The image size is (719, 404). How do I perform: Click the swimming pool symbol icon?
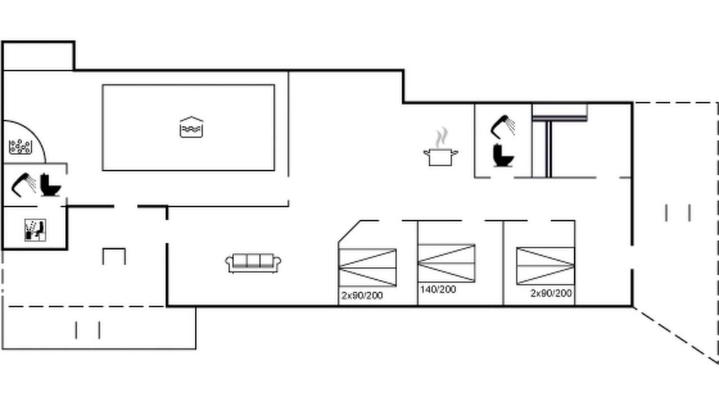point(192,127)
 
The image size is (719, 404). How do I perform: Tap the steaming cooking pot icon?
point(441,147)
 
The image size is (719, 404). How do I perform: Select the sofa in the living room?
point(253,263)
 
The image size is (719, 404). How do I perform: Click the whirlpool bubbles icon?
point(21,147)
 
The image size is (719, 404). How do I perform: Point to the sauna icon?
point(35,230)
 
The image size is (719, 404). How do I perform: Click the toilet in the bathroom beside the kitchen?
point(503,155)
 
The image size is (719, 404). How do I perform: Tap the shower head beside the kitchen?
point(503,127)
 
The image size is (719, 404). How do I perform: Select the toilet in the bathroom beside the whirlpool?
point(51,185)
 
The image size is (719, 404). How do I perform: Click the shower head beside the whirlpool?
point(24,185)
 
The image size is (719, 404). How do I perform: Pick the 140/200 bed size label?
point(438,290)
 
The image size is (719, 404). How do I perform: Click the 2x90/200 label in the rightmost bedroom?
point(551,293)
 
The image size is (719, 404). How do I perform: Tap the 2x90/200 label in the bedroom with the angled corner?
point(362,296)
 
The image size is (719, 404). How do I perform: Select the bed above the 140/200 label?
point(447,263)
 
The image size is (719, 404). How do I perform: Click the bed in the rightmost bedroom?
point(545,266)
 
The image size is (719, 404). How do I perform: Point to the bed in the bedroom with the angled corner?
point(367,268)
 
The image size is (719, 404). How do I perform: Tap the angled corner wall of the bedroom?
point(349,231)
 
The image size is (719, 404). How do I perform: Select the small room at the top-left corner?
point(39,56)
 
